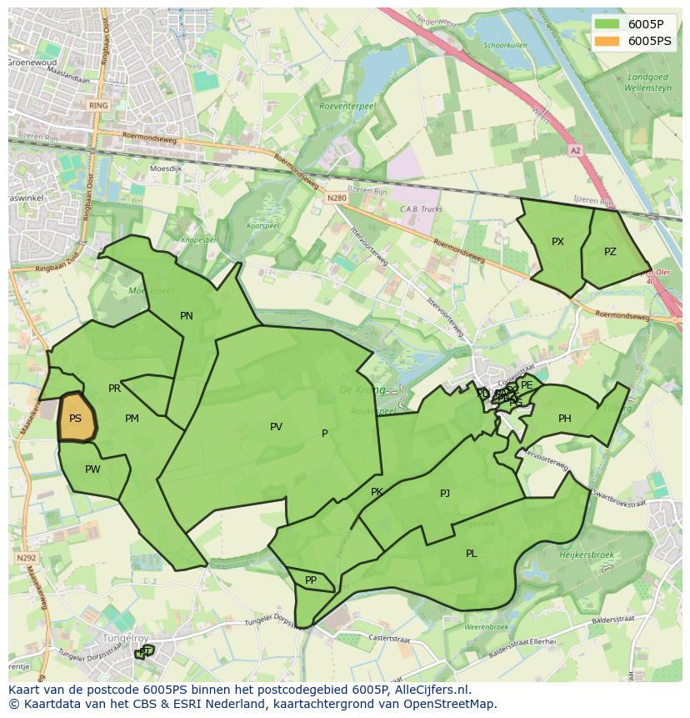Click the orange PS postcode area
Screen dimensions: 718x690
[x=76, y=418]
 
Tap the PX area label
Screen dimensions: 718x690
[x=557, y=242]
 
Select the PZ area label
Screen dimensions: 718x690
[x=610, y=251]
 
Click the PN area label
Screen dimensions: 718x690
[x=187, y=316]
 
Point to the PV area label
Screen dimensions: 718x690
[x=276, y=427]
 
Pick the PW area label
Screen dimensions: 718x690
[x=92, y=469]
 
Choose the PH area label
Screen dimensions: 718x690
[x=565, y=419]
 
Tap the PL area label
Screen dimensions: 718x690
[x=472, y=554]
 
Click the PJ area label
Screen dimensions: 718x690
[x=445, y=494]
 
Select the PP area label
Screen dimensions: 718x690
[x=311, y=580]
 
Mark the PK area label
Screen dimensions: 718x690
[x=377, y=492]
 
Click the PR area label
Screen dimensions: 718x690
[x=115, y=389]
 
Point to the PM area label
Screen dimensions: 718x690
[x=132, y=419]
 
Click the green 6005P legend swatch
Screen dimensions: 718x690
[x=607, y=24]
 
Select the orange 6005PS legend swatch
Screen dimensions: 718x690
[x=607, y=41]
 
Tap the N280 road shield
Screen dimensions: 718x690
[x=337, y=198]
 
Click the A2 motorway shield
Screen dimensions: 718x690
[x=575, y=151]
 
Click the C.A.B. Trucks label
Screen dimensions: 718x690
[x=421, y=209]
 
